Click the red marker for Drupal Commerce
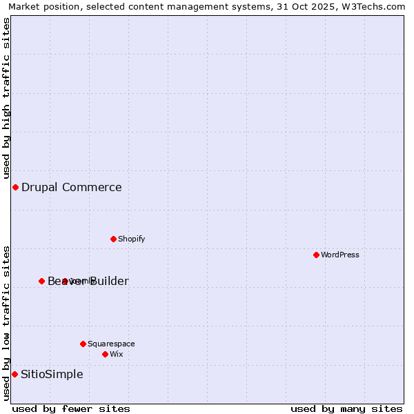(x=15, y=187)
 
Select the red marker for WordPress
(x=316, y=255)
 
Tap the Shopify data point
(x=113, y=239)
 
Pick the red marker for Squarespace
(x=83, y=344)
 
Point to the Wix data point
(x=105, y=354)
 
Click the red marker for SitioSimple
(x=14, y=374)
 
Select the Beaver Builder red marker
(x=41, y=281)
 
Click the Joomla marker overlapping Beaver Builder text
(x=65, y=281)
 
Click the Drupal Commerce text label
(x=71, y=187)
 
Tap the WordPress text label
(x=340, y=255)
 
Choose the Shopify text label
(x=131, y=239)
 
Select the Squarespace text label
(x=111, y=344)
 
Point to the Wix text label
(x=116, y=354)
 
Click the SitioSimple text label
(x=52, y=374)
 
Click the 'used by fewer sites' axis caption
(x=71, y=408)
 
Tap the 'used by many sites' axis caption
(x=346, y=408)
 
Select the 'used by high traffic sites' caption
(x=6, y=97)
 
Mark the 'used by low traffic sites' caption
(x=6, y=323)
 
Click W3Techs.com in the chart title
(x=377, y=6)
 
